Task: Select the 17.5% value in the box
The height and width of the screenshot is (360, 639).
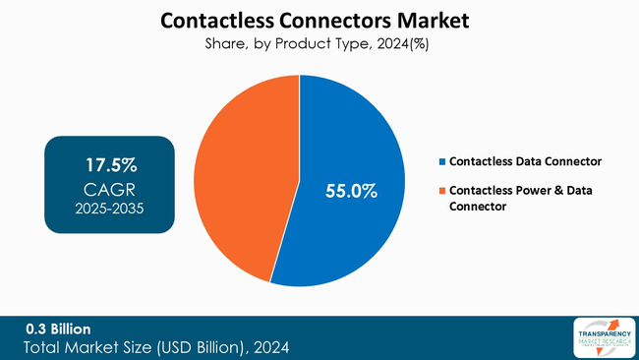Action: pyautogui.click(x=109, y=161)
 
